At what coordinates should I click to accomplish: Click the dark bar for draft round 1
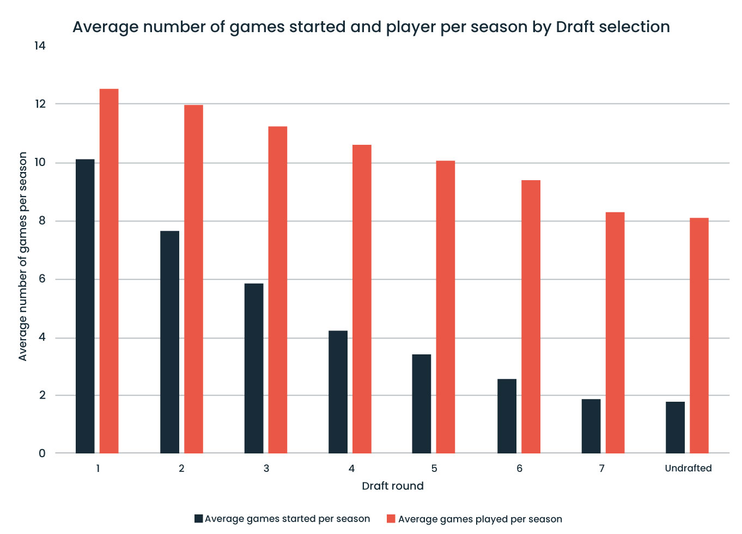click(x=85, y=306)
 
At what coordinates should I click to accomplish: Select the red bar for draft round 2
click(x=193, y=279)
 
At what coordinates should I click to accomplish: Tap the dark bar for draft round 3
click(x=254, y=368)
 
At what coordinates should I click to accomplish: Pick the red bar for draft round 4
click(x=362, y=299)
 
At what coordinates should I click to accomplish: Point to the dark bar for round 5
click(x=422, y=403)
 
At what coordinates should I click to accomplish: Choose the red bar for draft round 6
click(x=531, y=316)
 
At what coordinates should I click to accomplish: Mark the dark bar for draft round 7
click(x=591, y=426)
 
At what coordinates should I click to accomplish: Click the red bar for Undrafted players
click(x=699, y=335)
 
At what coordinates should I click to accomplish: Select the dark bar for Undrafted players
click(x=675, y=427)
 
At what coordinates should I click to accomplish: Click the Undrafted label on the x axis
click(x=688, y=468)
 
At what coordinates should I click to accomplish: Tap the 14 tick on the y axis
click(x=39, y=46)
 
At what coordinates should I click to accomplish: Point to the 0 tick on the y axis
click(x=42, y=453)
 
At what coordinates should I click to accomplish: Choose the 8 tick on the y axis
click(x=42, y=221)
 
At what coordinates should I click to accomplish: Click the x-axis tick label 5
click(x=434, y=468)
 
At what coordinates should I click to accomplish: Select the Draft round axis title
click(x=392, y=486)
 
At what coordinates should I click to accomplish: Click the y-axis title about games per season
click(x=22, y=256)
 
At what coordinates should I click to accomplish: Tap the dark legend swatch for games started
click(x=199, y=519)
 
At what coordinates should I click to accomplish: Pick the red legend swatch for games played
click(x=391, y=519)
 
